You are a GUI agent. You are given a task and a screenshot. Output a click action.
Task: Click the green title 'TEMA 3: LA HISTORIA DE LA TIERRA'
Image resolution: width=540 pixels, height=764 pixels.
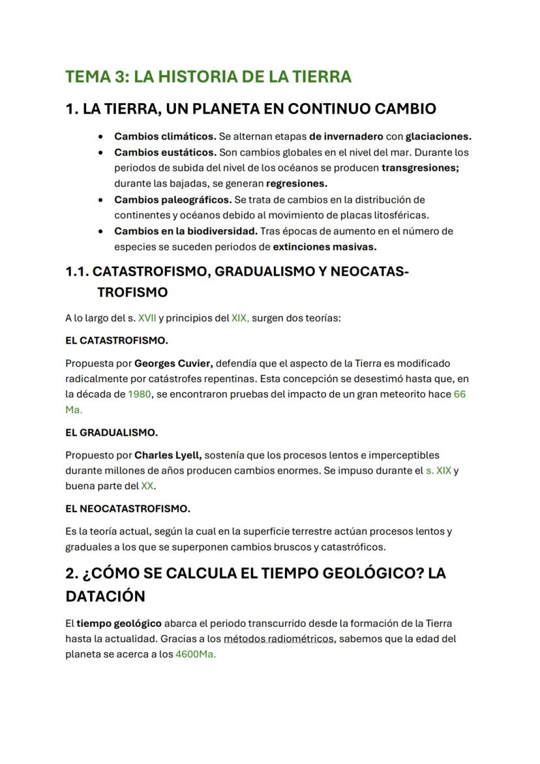coord(208,76)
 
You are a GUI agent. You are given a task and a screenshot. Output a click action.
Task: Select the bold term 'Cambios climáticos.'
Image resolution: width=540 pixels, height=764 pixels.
coord(165,136)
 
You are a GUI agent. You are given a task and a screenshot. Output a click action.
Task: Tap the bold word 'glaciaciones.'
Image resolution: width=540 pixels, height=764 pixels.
coord(438,136)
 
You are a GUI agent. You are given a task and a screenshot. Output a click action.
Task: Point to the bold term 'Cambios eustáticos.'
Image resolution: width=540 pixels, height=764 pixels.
coord(165,152)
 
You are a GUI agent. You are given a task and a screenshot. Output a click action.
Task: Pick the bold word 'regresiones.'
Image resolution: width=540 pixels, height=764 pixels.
coord(297,183)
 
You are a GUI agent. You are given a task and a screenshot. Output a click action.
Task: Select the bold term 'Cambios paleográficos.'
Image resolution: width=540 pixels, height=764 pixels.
coord(173,199)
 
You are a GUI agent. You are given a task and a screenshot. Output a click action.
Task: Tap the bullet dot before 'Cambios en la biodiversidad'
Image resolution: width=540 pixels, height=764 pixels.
coord(100,231)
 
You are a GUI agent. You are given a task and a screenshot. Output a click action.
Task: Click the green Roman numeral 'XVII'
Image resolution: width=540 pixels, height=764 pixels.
coord(147,318)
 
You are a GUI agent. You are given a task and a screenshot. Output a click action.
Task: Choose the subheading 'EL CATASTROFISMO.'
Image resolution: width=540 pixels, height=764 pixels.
coord(117,341)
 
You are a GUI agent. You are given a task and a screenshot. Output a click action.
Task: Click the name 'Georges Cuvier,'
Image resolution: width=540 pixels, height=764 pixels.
coord(173,363)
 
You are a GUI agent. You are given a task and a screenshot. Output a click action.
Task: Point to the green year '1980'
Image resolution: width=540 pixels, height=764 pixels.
coord(140,394)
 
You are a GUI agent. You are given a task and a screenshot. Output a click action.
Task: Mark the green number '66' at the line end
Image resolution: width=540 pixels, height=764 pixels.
coord(459,394)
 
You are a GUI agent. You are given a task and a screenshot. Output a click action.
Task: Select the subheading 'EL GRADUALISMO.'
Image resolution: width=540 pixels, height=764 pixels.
coord(112,433)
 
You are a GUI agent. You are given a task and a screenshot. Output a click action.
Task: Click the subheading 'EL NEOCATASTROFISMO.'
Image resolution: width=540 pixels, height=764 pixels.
coord(128,508)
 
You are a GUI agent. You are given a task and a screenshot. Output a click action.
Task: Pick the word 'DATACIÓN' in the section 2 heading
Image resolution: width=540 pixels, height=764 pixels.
coord(105,596)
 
